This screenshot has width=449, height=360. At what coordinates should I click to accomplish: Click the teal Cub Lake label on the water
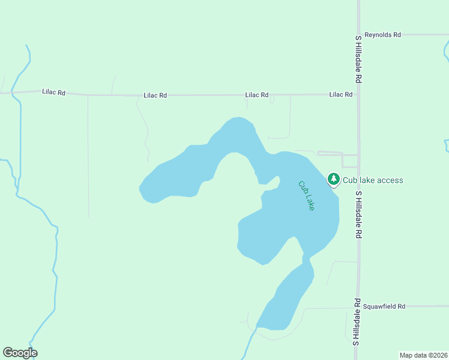(307, 195)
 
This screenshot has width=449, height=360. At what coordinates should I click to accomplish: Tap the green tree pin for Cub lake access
(334, 179)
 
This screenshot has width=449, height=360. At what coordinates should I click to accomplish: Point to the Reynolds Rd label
(382, 35)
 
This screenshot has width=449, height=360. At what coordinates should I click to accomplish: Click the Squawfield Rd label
(384, 306)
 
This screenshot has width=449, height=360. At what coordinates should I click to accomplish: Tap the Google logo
(20, 353)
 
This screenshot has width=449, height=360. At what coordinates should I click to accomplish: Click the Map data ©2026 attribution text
(423, 355)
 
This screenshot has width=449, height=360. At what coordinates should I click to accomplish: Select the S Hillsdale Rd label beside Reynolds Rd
(358, 59)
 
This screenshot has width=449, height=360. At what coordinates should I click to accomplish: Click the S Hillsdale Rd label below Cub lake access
(358, 215)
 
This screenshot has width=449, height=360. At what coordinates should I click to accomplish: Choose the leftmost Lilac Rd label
(53, 92)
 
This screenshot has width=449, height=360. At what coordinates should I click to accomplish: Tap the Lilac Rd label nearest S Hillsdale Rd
(340, 94)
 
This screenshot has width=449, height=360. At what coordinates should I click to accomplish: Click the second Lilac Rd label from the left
(155, 95)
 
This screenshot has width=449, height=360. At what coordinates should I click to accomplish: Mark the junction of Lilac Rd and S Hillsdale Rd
(359, 94)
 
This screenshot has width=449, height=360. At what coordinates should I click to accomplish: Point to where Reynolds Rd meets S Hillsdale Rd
(359, 35)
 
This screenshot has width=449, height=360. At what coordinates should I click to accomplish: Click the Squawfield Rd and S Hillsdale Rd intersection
(359, 307)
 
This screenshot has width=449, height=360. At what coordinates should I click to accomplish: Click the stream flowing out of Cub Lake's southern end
(250, 342)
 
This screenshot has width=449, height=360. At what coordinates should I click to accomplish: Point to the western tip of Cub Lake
(140, 188)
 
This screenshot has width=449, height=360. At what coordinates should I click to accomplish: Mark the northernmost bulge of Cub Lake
(238, 118)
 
